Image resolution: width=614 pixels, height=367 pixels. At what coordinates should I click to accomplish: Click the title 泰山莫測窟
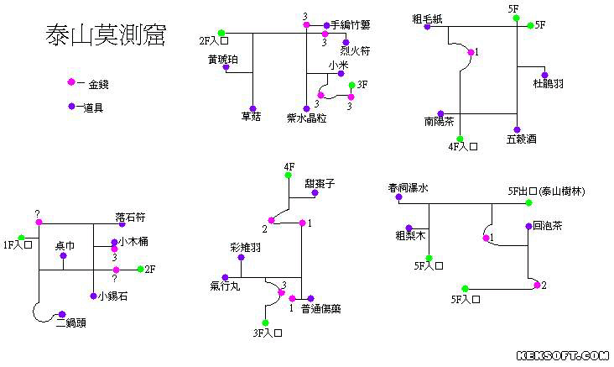pyautogui.click(x=105, y=36)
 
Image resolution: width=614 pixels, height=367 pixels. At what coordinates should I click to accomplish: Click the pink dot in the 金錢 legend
pyautogui.click(x=71, y=82)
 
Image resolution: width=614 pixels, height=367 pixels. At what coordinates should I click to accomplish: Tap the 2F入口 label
pyautogui.click(x=214, y=39)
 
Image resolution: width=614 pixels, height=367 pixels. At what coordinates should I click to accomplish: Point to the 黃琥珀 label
pyautogui.click(x=222, y=59)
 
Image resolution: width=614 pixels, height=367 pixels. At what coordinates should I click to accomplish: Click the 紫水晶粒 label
pyautogui.click(x=306, y=118)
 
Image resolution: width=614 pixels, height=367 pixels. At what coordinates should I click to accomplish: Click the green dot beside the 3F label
pyautogui.click(x=351, y=85)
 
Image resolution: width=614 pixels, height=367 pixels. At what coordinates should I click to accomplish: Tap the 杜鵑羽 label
pyautogui.click(x=548, y=83)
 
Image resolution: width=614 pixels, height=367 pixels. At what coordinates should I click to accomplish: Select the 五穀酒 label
pyautogui.click(x=521, y=139)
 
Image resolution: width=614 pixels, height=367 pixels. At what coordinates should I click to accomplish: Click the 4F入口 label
pyautogui.click(x=463, y=147)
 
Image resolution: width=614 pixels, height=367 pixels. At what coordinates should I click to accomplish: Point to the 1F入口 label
pyautogui.click(x=17, y=245)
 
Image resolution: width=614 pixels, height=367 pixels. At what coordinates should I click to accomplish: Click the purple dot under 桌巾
pyautogui.click(x=64, y=255)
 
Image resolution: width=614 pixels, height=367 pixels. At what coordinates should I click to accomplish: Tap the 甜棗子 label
pyautogui.click(x=320, y=183)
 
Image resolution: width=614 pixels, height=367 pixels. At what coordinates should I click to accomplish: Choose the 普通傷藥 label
pyautogui.click(x=320, y=308)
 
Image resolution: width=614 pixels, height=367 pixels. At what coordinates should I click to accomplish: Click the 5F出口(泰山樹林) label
pyautogui.click(x=546, y=191)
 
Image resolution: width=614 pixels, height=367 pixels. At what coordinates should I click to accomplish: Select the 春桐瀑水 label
pyautogui.click(x=408, y=188)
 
